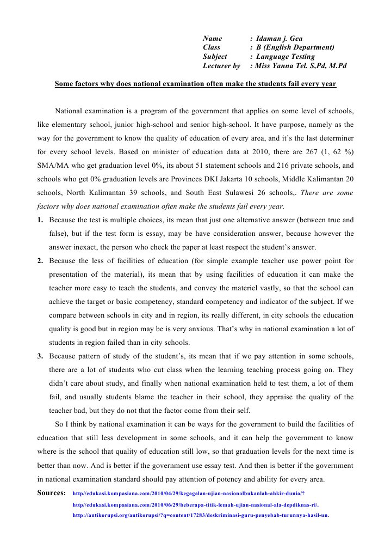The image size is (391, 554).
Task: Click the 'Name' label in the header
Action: pos(213,39)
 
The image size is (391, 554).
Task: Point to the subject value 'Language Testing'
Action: pos(285,57)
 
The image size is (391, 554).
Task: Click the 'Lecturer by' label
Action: pos(221,66)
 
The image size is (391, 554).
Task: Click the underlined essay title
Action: pos(195,84)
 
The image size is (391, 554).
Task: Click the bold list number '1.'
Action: pos(41,220)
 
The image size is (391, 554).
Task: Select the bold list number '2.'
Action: pos(41,261)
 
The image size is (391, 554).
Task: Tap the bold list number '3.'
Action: pos(41,356)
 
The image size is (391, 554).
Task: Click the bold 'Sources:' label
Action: pos(52,493)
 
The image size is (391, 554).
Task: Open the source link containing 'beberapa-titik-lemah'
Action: pos(195,504)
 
